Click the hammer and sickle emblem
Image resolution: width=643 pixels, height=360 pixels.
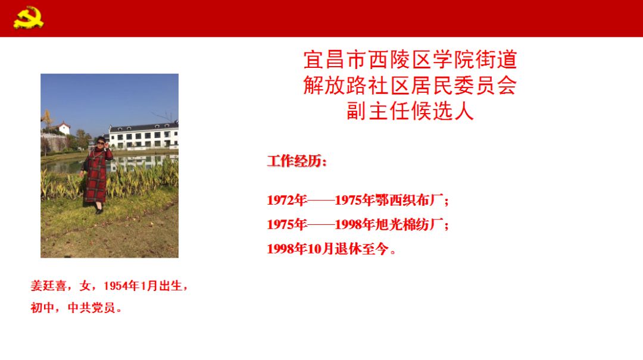pyautogui.click(x=29, y=17)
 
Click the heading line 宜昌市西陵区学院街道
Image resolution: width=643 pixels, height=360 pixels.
pyautogui.click(x=410, y=60)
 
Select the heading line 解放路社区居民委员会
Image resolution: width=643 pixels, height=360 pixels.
pyautogui.click(x=410, y=85)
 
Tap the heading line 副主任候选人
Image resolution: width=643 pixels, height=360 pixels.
pyautogui.click(x=410, y=111)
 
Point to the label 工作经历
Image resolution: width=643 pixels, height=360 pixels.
pyautogui.click(x=295, y=161)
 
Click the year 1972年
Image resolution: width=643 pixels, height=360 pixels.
pyautogui.click(x=287, y=200)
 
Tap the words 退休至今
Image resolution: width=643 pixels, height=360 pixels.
pyautogui.click(x=361, y=249)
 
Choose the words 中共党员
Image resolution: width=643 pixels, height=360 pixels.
pyautogui.click(x=92, y=308)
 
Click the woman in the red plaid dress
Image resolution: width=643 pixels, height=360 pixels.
pyautogui.click(x=97, y=175)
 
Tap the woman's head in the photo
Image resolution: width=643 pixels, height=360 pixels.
pyautogui.click(x=100, y=142)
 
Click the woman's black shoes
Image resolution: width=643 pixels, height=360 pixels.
pyautogui.click(x=99, y=210)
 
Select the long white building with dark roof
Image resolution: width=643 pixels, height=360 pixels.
pyautogui.click(x=143, y=135)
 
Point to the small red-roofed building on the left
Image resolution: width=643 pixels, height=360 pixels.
pyautogui.click(x=63, y=128)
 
